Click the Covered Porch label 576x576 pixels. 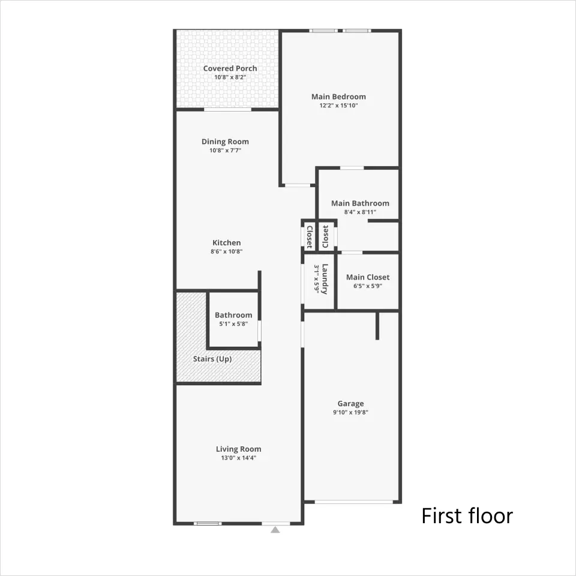[230, 68]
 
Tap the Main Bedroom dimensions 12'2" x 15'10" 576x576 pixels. [338, 106]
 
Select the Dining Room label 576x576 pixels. [225, 142]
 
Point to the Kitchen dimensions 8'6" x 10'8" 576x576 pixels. [227, 251]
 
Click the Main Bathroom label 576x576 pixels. [361, 203]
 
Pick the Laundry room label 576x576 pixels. [325, 279]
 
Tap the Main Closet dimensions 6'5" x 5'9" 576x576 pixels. [368, 286]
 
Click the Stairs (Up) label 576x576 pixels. [212, 359]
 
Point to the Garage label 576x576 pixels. [351, 404]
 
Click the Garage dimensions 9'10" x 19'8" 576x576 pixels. [351, 413]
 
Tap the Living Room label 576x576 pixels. [239, 449]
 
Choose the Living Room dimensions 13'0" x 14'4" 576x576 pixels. [239, 458]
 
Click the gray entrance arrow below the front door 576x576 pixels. [275, 530]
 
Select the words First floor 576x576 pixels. [467, 516]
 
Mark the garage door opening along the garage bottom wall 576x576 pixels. [354, 502]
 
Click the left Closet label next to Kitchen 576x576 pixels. [310, 237]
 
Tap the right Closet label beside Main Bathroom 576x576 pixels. [325, 236]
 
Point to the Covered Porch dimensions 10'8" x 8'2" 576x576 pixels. [230, 77]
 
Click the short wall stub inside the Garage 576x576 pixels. [377, 326]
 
